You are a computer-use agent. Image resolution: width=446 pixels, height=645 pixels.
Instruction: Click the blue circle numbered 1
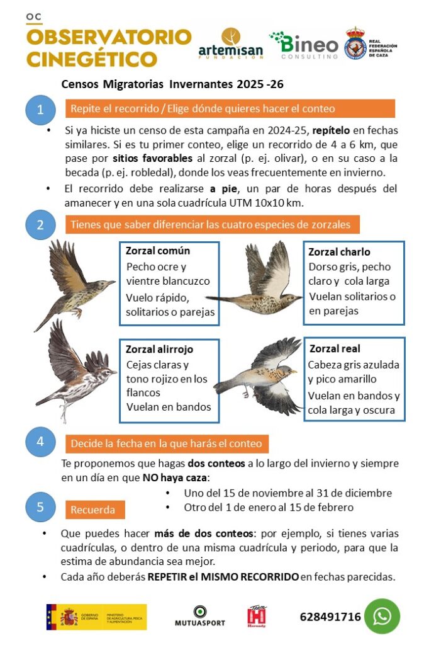click(40, 110)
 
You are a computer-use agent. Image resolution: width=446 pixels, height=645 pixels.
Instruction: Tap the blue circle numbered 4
click(40, 442)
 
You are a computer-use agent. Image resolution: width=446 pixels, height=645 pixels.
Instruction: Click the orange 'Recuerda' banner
click(95, 509)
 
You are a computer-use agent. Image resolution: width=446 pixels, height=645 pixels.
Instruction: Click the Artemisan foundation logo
click(230, 44)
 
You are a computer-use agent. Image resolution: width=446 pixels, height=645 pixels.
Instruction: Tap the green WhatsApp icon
click(382, 617)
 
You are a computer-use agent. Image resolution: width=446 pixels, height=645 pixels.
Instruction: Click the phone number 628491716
click(330, 617)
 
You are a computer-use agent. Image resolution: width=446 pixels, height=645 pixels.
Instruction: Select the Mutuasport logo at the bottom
click(199, 617)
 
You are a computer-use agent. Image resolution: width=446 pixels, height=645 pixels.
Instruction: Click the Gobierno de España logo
click(96, 617)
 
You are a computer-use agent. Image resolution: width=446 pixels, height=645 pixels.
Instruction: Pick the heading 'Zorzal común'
click(157, 251)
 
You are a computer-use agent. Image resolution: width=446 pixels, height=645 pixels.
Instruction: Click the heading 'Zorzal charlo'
click(338, 252)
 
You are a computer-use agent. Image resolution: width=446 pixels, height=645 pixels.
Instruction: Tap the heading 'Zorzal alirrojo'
click(159, 350)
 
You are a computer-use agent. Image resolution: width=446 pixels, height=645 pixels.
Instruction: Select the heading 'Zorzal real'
click(334, 348)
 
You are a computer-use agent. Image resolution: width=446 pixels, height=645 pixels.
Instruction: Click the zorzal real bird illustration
click(260, 376)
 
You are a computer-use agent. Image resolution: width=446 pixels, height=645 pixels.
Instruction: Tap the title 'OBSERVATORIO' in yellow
click(108, 37)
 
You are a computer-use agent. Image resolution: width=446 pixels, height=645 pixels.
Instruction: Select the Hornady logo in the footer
click(257, 617)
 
